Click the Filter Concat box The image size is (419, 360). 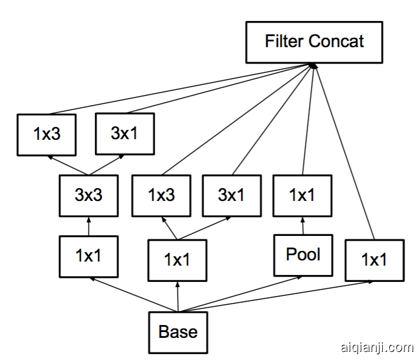click(x=314, y=42)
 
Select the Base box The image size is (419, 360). click(x=177, y=332)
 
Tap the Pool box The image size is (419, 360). click(x=303, y=255)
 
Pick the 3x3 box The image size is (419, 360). click(x=88, y=195)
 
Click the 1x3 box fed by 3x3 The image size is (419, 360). click(x=46, y=135)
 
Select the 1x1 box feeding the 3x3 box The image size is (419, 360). click(x=88, y=255)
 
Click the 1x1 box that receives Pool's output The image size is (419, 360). click(x=303, y=195)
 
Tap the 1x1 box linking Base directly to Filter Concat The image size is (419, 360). click(x=374, y=260)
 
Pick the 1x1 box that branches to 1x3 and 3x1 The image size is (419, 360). click(x=177, y=260)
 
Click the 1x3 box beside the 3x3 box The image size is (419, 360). click(x=161, y=195)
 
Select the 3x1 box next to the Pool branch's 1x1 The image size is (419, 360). click(x=231, y=195)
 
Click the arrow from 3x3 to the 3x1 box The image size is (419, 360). click(x=108, y=165)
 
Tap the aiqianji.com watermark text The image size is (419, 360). click(x=375, y=348)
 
